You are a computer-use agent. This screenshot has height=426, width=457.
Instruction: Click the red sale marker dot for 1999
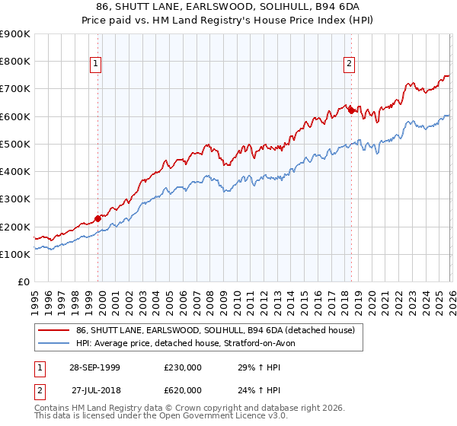pyautogui.click(x=98, y=218)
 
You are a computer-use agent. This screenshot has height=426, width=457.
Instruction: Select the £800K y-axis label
pyautogui.click(x=15, y=62)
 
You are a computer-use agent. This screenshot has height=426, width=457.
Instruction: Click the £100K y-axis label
pyautogui.click(x=15, y=254)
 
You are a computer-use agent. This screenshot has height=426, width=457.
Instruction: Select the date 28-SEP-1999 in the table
pyautogui.click(x=94, y=367)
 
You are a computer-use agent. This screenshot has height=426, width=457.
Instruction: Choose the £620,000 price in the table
pyautogui.click(x=182, y=389)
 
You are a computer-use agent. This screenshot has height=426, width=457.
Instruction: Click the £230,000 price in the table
pyautogui.click(x=182, y=367)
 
